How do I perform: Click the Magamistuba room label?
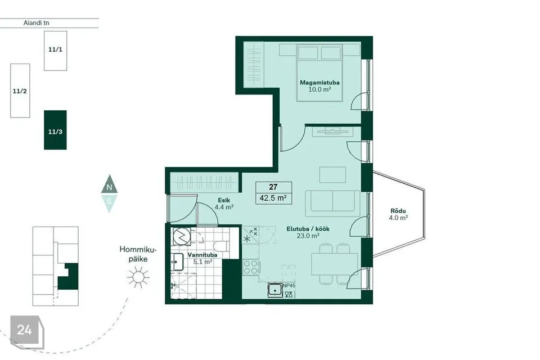319,83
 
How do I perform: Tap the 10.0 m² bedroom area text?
319,89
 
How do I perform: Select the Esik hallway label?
224,200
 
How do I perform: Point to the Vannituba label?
202,255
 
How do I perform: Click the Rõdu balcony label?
398,211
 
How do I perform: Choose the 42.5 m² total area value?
273,199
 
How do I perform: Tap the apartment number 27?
273,187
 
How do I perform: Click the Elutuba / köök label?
308,229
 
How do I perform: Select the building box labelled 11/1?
56,51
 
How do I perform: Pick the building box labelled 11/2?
20,91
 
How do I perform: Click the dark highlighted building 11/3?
55,130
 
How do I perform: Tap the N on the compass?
109,188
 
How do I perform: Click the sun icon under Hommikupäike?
138,277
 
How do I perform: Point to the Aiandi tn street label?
36,23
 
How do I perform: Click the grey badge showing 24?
27,332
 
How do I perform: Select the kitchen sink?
275,290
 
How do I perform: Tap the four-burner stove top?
251,267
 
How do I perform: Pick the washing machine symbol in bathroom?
182,236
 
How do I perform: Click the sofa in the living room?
332,201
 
